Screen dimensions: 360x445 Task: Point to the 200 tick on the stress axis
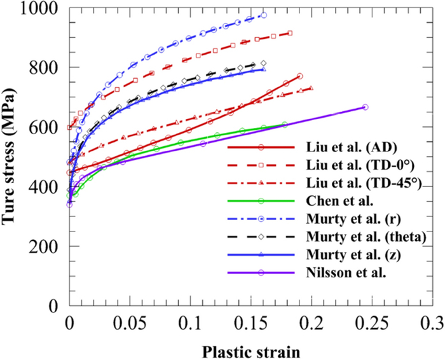tap(46, 246)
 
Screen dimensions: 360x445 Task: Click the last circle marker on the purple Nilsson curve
tap(365, 107)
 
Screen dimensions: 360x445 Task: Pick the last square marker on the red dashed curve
tap(290, 32)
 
